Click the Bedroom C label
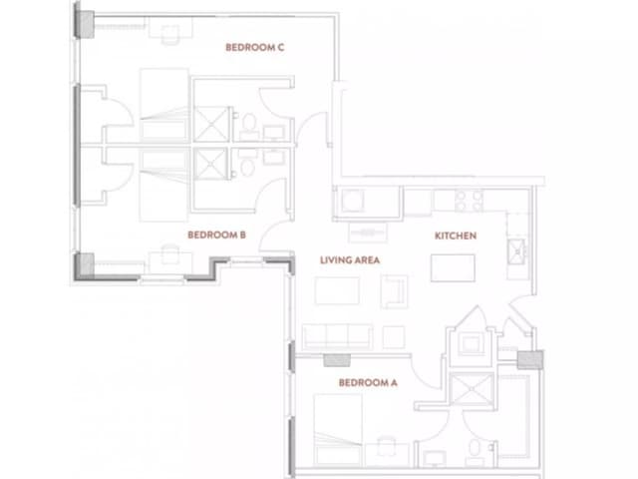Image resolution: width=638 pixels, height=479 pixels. [x=255, y=47]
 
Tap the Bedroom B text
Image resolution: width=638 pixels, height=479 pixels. [x=216, y=237]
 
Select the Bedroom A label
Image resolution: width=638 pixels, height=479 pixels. [x=368, y=382]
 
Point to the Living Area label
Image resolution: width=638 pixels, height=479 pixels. [x=351, y=260]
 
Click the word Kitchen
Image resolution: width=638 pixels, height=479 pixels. [x=455, y=237]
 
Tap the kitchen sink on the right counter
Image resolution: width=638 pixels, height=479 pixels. [x=516, y=250]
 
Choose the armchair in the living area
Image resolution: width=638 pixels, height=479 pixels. [x=395, y=291]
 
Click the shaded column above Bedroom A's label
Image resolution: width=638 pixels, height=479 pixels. [x=340, y=360]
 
